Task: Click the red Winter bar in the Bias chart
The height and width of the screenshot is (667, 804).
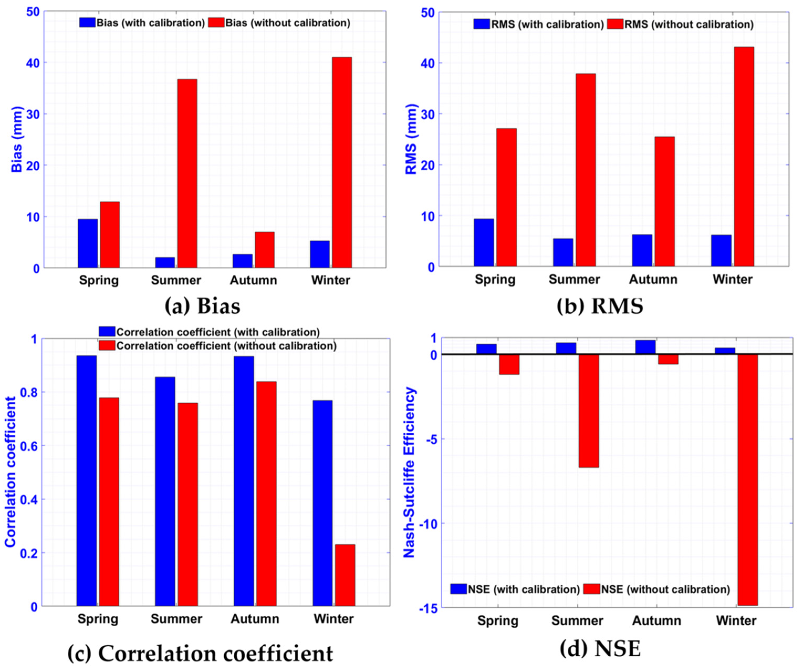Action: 342,162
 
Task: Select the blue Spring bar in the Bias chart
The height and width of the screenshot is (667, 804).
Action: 88,243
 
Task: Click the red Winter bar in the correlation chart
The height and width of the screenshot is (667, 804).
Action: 345,575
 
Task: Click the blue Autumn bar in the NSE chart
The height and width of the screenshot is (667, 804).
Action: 645,347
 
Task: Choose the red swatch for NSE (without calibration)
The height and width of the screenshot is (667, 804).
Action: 592,589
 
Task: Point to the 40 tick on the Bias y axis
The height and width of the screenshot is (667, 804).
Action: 33,63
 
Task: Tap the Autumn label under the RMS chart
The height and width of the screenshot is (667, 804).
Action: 653,279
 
